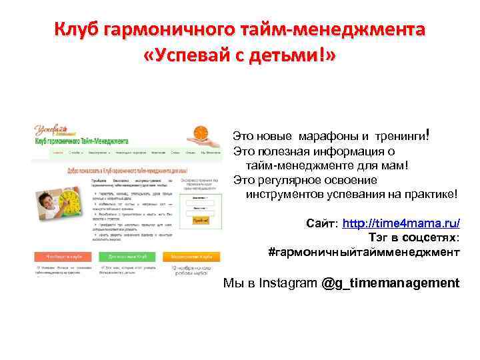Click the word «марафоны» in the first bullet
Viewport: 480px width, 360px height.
tap(324, 136)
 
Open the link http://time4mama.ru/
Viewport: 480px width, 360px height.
tap(401, 222)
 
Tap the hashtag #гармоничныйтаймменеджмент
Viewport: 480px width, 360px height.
tap(363, 252)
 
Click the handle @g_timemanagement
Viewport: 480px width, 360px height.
tap(390, 283)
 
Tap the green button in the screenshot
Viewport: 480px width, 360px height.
tap(126, 256)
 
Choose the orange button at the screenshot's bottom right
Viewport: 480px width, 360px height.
tap(191, 256)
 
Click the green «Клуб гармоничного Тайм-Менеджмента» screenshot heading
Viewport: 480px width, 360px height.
tap(78, 141)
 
